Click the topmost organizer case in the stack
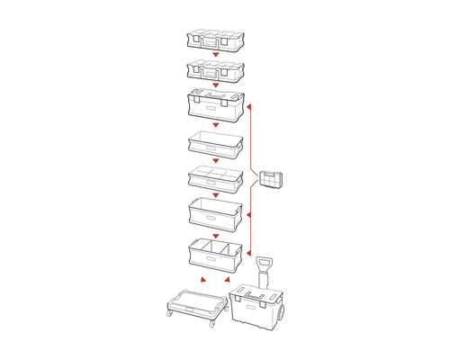[x=215, y=39]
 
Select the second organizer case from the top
[x=215, y=68]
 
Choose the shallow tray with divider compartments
[x=215, y=177]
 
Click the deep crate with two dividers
[x=215, y=256]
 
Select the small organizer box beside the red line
[x=270, y=180]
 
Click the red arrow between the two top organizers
[x=215, y=54]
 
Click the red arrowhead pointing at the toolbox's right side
[x=249, y=105]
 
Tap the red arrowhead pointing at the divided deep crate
[x=249, y=255]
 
